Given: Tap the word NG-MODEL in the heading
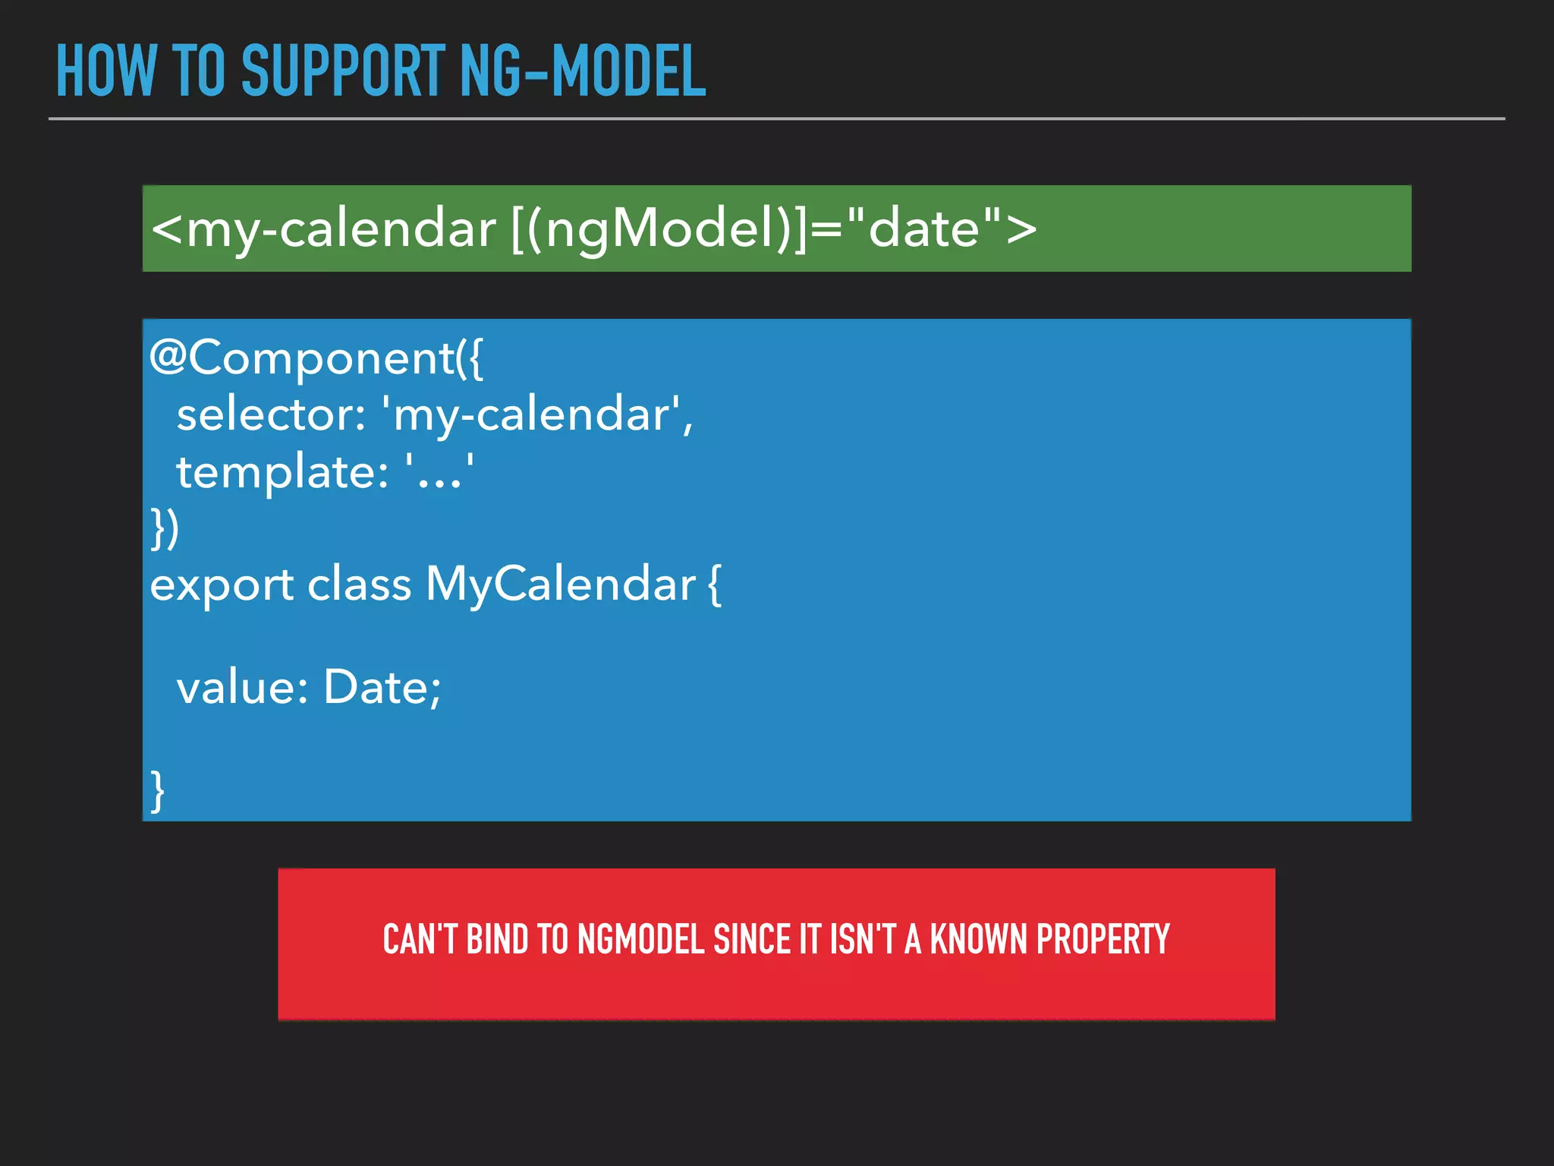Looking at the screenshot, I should (583, 71).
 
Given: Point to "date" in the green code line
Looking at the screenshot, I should (924, 228).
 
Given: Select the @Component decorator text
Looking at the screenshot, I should (315, 358).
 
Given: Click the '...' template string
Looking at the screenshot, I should (440, 472).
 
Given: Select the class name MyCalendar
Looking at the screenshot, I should (561, 585).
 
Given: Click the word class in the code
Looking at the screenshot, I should (359, 584).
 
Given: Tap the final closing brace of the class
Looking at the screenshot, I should (157, 791).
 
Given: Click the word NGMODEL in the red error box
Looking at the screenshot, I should (641, 940).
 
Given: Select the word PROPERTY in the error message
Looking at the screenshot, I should (1103, 940).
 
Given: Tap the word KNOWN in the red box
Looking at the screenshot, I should (979, 940).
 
